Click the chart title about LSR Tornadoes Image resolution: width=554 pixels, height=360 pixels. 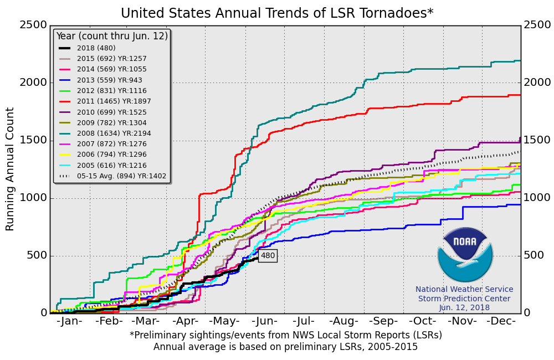point(277,13)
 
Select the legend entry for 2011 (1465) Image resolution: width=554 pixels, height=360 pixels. point(114,101)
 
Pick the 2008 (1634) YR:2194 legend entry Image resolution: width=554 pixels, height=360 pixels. point(114,133)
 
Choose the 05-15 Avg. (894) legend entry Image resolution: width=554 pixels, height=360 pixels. point(114,176)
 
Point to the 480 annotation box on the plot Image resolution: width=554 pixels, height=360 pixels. point(268,256)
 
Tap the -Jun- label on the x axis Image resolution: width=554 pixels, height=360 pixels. point(264,321)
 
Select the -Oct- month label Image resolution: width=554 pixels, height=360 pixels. point(422,321)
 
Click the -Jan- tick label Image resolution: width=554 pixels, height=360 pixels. point(69,321)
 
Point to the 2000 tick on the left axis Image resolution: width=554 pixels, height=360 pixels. point(33,83)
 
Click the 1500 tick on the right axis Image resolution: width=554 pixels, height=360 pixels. point(537,140)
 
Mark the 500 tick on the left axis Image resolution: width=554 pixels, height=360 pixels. point(37,256)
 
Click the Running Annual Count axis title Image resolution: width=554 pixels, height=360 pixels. point(10,169)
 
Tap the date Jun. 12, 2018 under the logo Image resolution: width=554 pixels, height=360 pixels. point(464,307)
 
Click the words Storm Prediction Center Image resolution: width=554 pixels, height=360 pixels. point(464,299)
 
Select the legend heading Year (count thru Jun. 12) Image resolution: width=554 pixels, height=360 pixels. point(111,36)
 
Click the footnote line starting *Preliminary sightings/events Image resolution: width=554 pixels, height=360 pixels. point(285,335)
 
